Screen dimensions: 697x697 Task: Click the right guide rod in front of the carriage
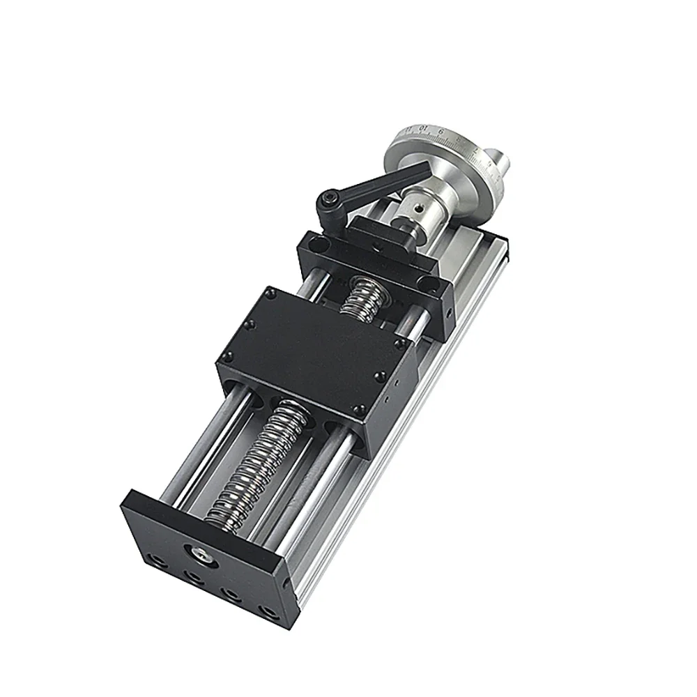pyautogui.click(x=317, y=488)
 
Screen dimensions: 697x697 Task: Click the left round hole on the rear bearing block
pyautogui.click(x=318, y=245)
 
